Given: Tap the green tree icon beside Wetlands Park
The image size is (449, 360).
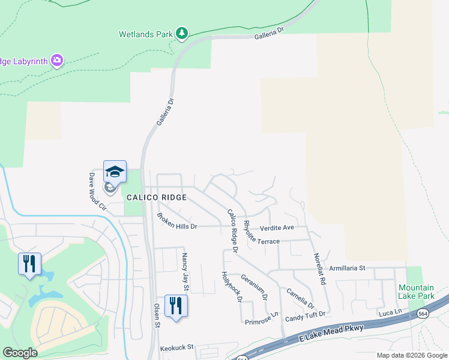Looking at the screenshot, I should coord(182,34).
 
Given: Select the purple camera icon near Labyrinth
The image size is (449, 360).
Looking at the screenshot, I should coord(57,60).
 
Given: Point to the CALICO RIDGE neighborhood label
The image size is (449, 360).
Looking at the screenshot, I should coord(157,197).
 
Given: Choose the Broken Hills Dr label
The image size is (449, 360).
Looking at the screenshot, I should coord(177,221).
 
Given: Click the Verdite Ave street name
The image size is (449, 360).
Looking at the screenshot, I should coord(277,228).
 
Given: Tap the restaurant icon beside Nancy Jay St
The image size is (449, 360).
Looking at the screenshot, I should coord(176,305).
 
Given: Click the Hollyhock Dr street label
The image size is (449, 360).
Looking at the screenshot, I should coord(231,286).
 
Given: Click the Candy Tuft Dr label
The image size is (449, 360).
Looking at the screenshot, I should coord(305,314).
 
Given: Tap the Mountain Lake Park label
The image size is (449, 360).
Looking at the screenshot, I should coord(415,292).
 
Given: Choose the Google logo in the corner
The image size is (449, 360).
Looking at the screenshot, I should coord(20,353).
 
